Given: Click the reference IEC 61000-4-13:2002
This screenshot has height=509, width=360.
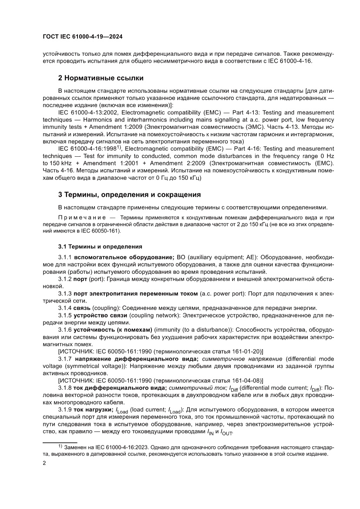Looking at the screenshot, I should [x=85, y=112].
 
